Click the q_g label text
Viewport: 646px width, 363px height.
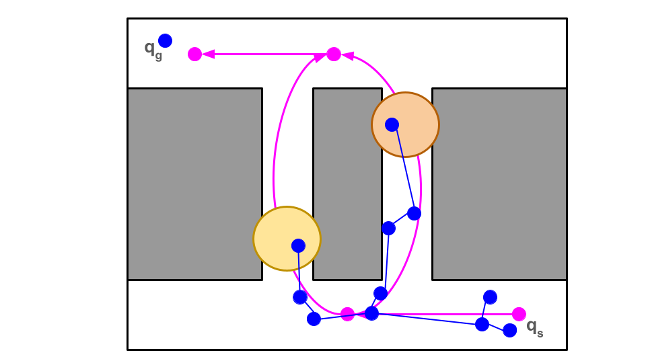153,48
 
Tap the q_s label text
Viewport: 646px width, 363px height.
534,327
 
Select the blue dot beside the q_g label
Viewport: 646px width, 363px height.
165,40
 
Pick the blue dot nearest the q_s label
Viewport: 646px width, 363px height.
510,330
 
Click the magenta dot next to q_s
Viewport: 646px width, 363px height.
519,314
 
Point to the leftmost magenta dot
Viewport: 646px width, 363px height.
194,54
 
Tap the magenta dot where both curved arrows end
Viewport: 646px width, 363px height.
334,54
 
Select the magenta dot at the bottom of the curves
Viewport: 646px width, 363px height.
347,314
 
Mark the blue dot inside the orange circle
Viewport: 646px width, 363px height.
392,124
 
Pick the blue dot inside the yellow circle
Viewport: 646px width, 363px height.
298,245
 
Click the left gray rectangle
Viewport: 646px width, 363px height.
194,184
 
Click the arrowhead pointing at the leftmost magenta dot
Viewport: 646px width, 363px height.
209,54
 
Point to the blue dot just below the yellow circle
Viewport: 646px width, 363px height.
300,297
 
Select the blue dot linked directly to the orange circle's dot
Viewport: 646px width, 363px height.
414,213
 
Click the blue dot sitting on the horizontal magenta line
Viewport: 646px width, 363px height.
371,313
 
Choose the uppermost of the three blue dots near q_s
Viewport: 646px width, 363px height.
490,297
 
